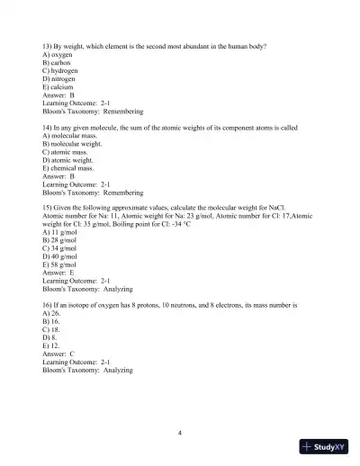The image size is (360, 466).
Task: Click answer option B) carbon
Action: [58, 62]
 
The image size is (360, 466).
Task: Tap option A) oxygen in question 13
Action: [58, 54]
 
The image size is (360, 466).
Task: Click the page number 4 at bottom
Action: [180, 433]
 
